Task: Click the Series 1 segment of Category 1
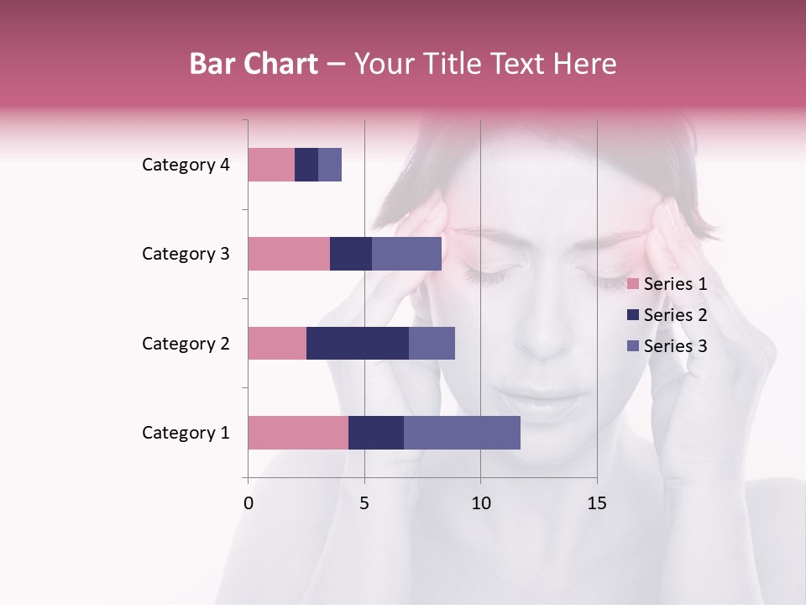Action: [298, 432]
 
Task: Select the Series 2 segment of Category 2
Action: [358, 343]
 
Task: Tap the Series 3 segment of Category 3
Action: [406, 254]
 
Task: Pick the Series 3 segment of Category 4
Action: [330, 165]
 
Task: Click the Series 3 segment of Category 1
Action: [462, 432]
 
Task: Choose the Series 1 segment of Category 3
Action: [289, 254]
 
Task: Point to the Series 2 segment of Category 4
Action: [306, 165]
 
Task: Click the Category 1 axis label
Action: [186, 433]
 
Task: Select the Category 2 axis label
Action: [186, 344]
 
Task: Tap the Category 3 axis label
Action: [186, 254]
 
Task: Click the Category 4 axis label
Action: [186, 165]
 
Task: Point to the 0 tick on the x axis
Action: [249, 503]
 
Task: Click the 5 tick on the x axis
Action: [364, 503]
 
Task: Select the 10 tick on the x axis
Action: [480, 503]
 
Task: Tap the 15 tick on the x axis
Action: [597, 503]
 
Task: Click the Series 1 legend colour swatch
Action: [633, 284]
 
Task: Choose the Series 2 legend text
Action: [676, 315]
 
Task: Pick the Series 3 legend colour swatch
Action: [633, 346]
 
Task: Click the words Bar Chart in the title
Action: [254, 64]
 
